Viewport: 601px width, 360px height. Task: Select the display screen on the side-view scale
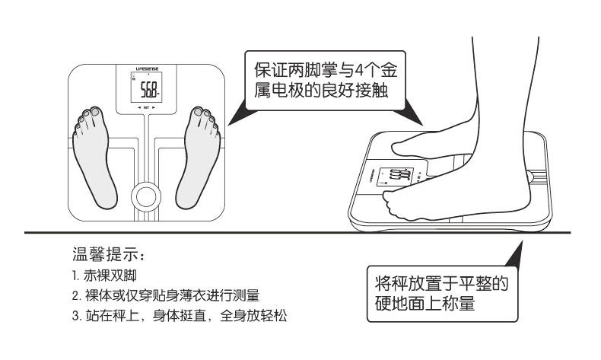pos(396,177)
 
